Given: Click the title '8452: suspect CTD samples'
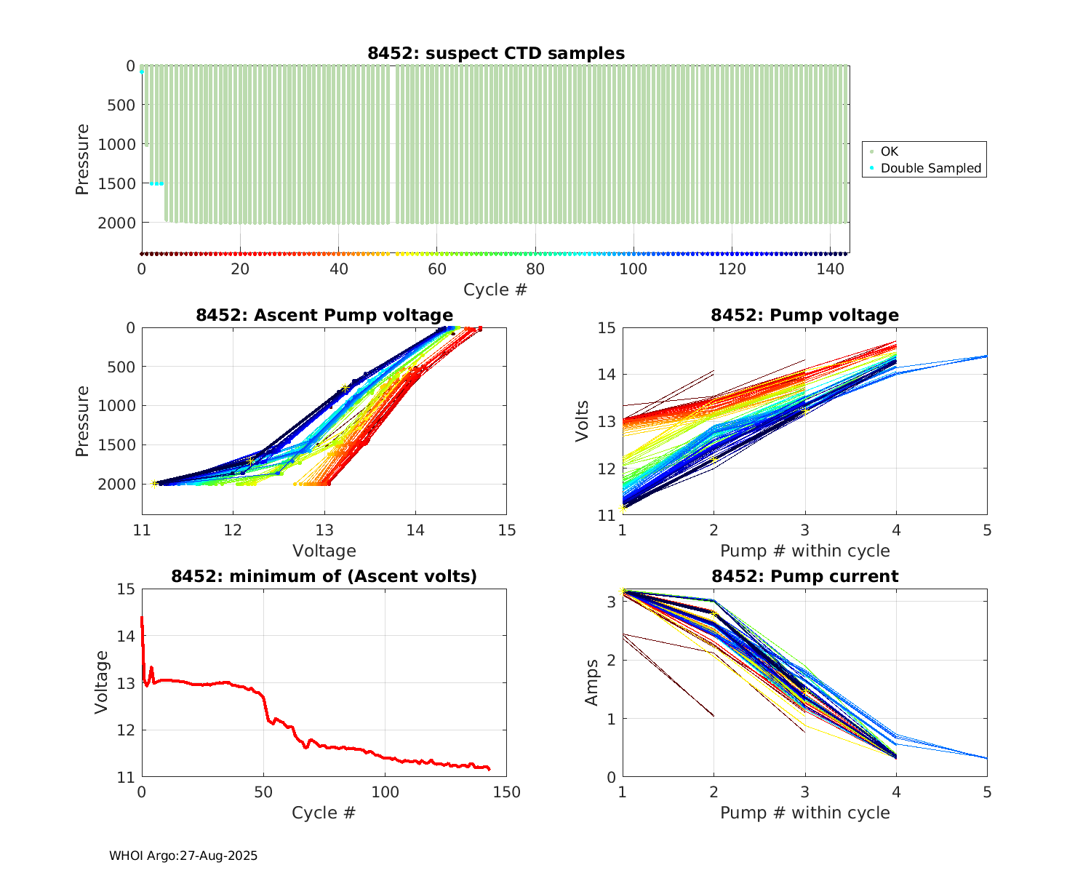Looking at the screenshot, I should pos(495,53).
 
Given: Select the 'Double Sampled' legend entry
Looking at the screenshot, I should pos(930,168).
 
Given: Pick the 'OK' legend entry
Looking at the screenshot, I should pos(889,151).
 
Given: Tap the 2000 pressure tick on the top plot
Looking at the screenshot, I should pos(116,223).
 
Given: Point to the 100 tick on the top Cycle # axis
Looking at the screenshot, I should pos(634,268).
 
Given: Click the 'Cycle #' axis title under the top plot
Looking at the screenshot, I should pos(495,290).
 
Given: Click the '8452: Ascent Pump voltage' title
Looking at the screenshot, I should pos(324,315).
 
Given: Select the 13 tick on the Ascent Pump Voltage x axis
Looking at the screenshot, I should pos(324,530).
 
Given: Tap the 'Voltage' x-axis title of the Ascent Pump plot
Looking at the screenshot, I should pos(324,551).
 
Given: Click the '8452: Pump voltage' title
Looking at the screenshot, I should pos(804,315).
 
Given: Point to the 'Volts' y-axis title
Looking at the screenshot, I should pos(582,421).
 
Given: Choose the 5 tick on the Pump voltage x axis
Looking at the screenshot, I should pos(987,530).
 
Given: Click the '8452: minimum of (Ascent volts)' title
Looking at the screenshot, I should pos(324,576).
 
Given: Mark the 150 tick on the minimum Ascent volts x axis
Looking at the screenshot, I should pos(507,792).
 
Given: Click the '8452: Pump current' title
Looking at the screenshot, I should pos(804,576).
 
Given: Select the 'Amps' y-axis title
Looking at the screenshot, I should pos(592,682).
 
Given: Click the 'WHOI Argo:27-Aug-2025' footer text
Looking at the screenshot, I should pos(183,856).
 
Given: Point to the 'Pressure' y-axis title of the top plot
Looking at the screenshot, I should pos(82,159).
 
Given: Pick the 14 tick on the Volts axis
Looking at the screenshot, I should pos(607,375).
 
